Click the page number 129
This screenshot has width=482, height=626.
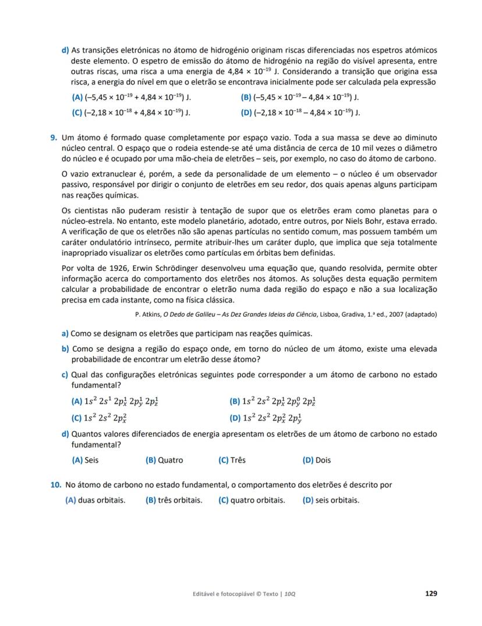(x=431, y=593)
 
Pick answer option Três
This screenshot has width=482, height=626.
(x=238, y=460)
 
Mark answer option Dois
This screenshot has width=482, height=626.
(x=323, y=460)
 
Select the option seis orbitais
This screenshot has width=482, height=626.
(x=337, y=500)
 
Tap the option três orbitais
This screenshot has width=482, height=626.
(x=179, y=500)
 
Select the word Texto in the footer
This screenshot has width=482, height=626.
(x=270, y=594)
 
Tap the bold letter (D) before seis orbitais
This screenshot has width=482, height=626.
(x=308, y=500)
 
